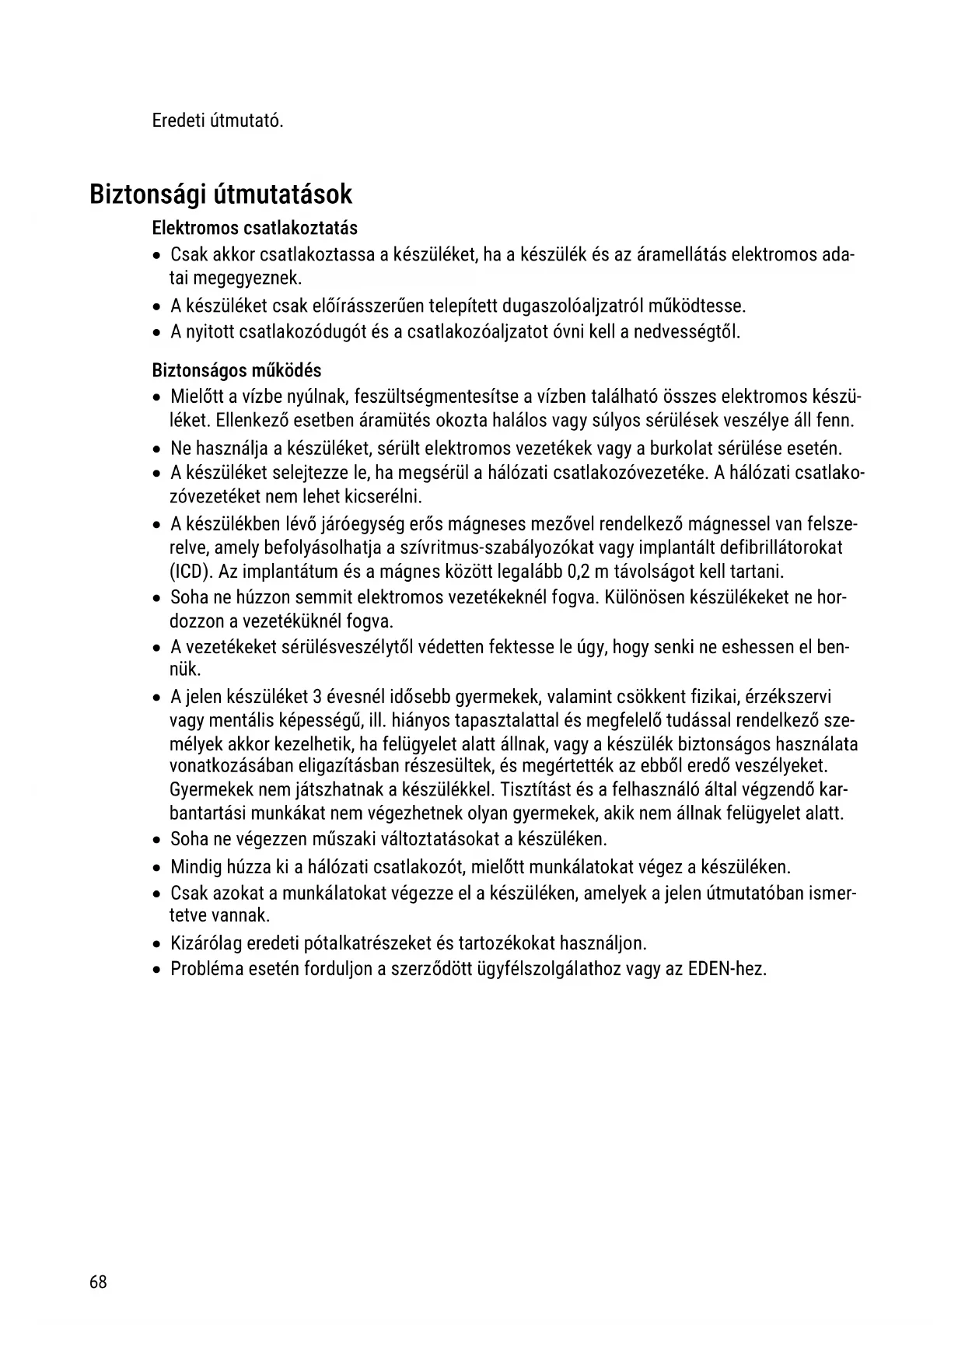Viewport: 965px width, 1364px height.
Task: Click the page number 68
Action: tap(98, 1282)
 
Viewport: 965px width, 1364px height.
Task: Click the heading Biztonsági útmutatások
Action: tap(221, 194)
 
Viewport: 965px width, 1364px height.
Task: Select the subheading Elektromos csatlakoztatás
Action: tap(255, 229)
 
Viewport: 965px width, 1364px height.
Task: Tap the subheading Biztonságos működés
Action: tap(236, 371)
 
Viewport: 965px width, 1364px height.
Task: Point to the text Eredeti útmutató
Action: tap(218, 121)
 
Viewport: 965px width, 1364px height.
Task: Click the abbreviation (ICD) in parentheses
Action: tap(191, 572)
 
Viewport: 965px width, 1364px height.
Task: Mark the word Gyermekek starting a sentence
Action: tap(205, 790)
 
